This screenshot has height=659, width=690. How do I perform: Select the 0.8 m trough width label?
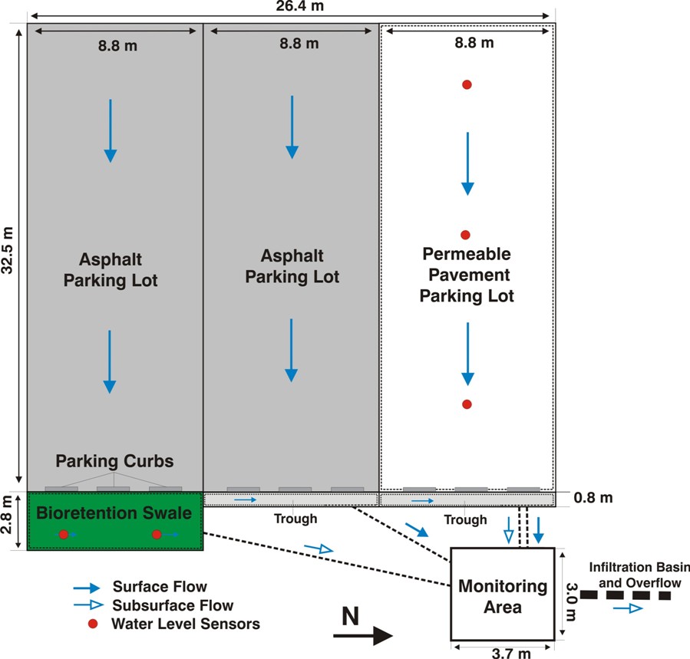click(x=593, y=499)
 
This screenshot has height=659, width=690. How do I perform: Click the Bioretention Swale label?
click(x=114, y=511)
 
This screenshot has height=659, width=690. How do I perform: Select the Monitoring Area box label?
click(x=503, y=597)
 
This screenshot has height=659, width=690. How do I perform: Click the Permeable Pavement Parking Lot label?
click(x=466, y=274)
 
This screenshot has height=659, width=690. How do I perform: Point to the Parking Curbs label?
click(x=114, y=462)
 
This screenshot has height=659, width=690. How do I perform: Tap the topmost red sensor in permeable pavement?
click(x=466, y=84)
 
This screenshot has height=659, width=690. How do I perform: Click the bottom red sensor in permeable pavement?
click(x=466, y=404)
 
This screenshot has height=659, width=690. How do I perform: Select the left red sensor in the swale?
click(x=64, y=534)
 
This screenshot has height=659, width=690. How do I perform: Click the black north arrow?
click(x=363, y=636)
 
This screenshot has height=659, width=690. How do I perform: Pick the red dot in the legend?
click(x=93, y=624)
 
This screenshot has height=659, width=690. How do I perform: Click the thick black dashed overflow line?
click(x=626, y=595)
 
